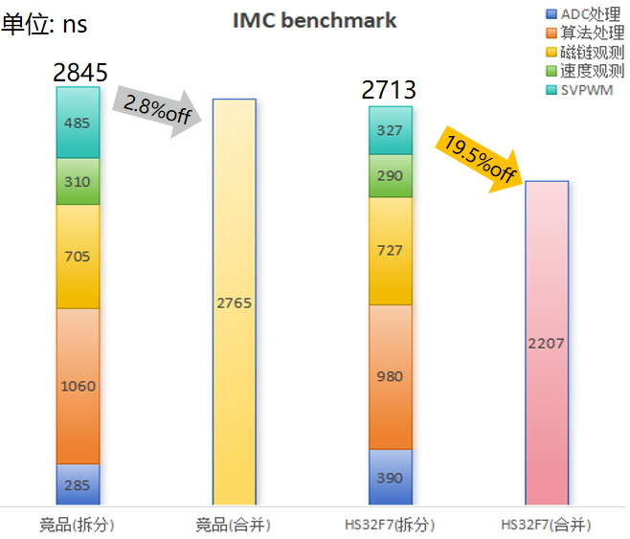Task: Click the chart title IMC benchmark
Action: tap(314, 21)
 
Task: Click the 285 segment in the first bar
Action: tap(78, 484)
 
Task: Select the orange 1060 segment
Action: tap(78, 386)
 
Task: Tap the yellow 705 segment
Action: tap(78, 256)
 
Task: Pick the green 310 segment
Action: tap(78, 181)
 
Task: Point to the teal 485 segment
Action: tap(78, 123)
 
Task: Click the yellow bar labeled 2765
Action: tap(234, 303)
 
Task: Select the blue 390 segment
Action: tap(390, 477)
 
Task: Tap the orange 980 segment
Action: tap(390, 376)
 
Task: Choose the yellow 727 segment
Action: tap(390, 251)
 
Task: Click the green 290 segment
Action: tap(390, 176)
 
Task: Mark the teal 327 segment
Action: tap(390, 131)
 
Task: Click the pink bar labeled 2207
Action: tap(546, 343)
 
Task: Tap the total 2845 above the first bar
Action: tap(79, 72)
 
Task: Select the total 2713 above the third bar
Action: tap(389, 91)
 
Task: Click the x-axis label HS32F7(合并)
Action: tap(546, 525)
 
